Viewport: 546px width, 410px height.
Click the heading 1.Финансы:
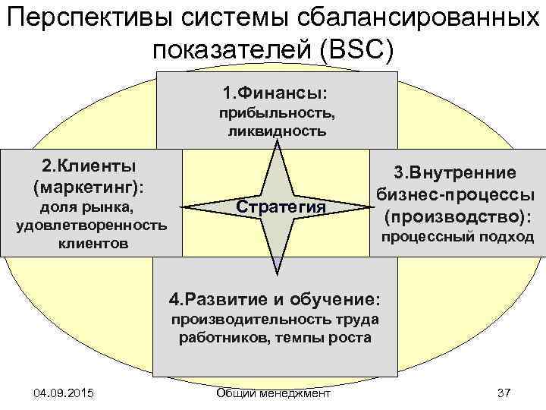click(x=276, y=93)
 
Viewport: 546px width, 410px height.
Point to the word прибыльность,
click(x=277, y=114)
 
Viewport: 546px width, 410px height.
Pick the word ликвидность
click(x=277, y=131)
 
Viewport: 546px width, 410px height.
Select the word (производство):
click(x=456, y=217)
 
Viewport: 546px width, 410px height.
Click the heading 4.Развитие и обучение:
click(x=274, y=297)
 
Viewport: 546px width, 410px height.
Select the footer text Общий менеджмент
click(x=273, y=393)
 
